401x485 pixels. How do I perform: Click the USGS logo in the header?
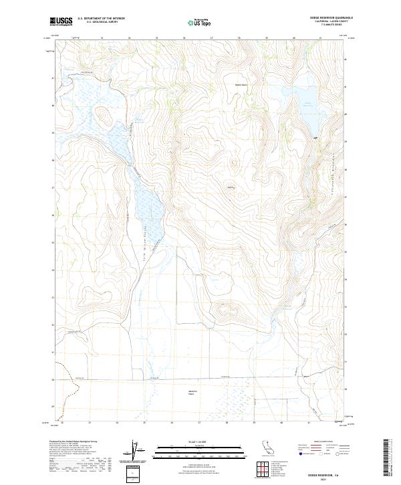coord(61,22)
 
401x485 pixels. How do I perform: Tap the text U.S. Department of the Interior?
coord(101,19)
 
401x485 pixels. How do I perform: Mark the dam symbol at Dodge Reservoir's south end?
coord(315,137)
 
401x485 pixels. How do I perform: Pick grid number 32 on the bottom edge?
coord(62,423)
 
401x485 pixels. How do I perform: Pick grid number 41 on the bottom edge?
coord(308,423)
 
